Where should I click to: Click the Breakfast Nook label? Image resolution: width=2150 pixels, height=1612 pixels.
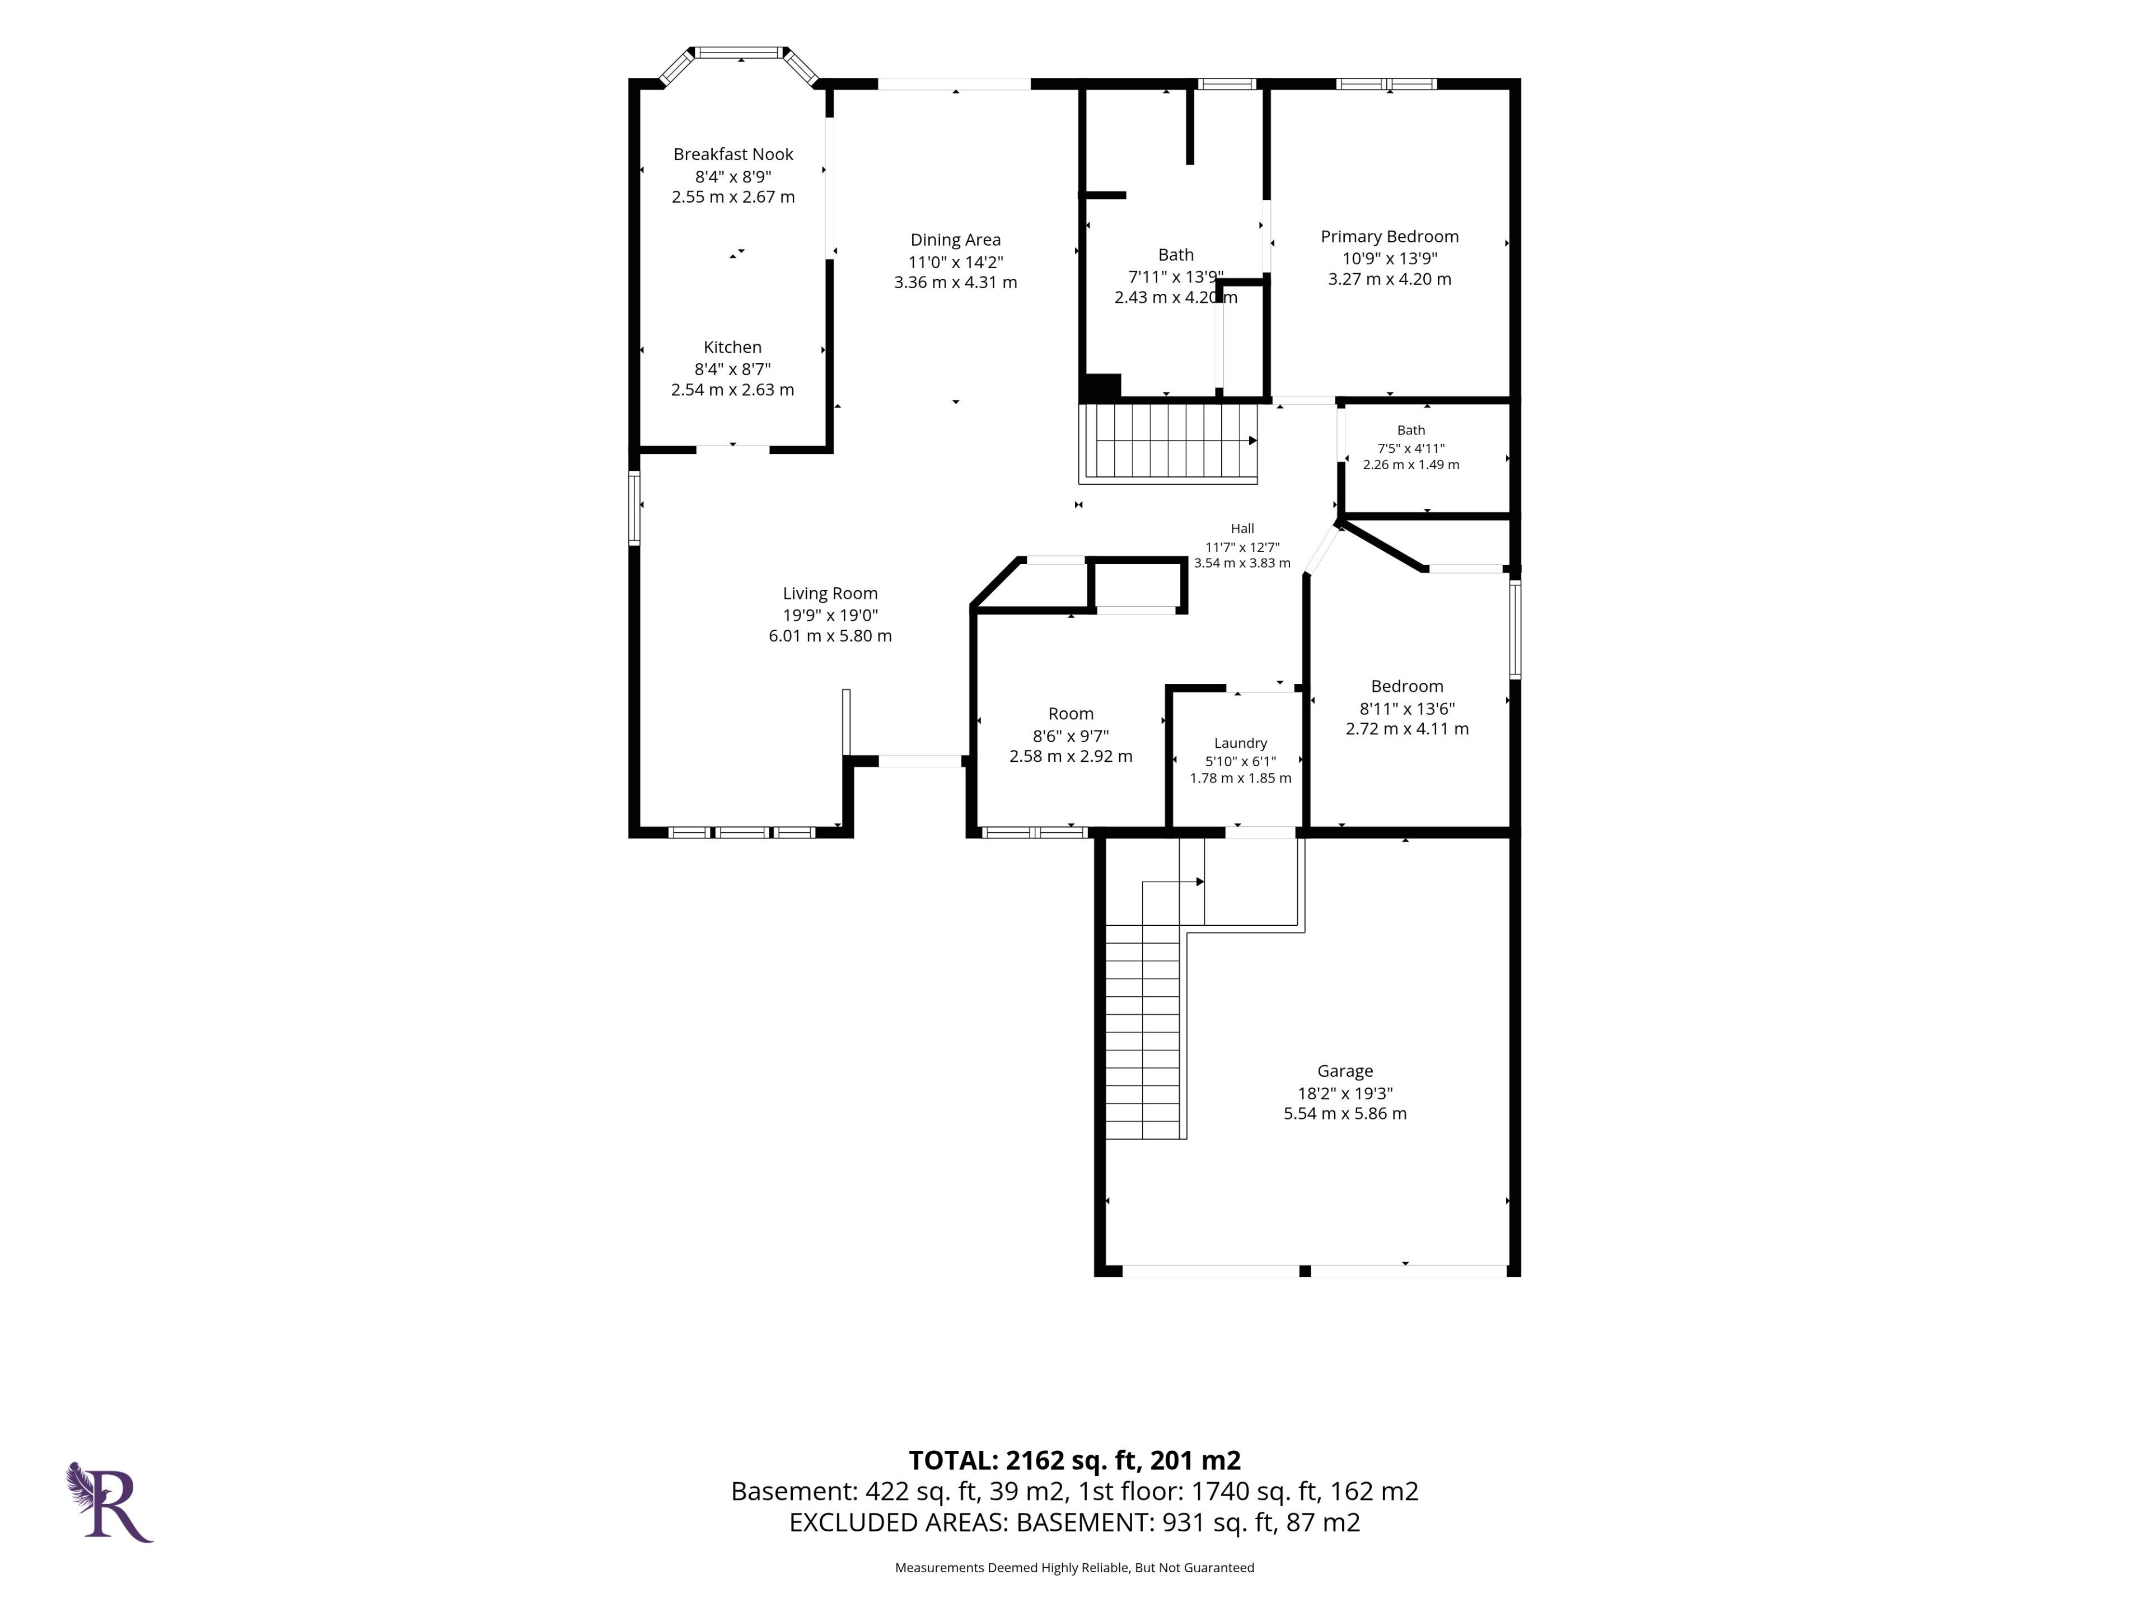tap(733, 154)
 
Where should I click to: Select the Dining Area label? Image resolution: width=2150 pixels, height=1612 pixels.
tap(955, 240)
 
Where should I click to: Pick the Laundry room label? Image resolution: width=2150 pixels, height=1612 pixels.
tap(1240, 743)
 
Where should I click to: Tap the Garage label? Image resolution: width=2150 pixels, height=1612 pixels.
tap(1345, 1071)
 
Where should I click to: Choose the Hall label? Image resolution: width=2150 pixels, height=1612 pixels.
tap(1242, 528)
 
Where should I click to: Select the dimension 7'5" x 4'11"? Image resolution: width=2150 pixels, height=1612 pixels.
tap(1411, 448)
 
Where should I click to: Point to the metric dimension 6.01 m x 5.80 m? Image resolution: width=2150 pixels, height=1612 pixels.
tap(830, 635)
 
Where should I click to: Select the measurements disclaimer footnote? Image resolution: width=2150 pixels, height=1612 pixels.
tap(1074, 1567)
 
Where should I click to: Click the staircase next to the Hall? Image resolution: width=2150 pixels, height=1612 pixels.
tap(1169, 442)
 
